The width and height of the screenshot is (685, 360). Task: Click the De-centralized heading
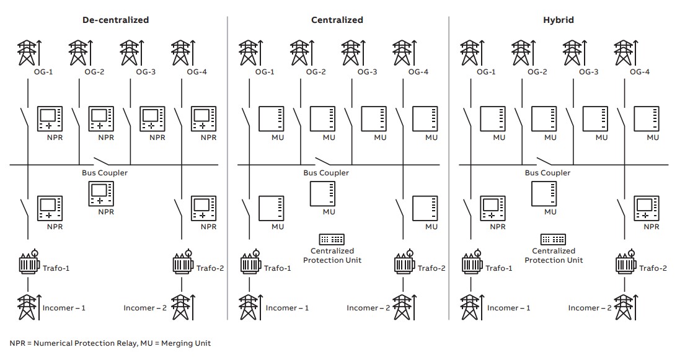[116, 20]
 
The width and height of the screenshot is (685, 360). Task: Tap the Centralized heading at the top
[337, 20]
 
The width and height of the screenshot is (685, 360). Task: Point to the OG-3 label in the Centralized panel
[366, 72]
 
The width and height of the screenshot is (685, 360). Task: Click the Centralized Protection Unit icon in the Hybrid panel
[553, 240]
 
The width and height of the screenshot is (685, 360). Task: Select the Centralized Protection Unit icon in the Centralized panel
[332, 240]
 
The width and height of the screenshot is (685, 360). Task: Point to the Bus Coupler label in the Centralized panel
[326, 173]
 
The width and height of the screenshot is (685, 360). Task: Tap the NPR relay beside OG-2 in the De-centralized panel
[101, 118]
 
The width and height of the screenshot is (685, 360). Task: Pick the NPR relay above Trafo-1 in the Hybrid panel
[492, 208]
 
